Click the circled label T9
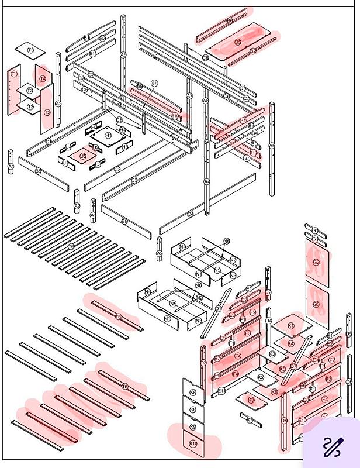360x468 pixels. [31, 50]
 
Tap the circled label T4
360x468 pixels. [43, 78]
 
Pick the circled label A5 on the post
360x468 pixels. [272, 146]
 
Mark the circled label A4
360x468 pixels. [207, 181]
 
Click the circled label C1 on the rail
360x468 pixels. [49, 142]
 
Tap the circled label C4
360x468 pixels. [190, 215]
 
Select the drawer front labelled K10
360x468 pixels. [193, 444]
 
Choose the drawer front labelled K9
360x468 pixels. [193, 427]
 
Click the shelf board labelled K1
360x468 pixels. [291, 325]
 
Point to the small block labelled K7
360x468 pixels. [250, 419]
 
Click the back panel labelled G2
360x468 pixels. [316, 263]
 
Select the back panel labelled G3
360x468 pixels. [316, 304]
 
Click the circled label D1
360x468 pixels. [217, 308]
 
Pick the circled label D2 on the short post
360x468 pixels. [268, 291]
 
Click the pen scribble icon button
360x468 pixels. [331, 447]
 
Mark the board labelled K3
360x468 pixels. [251, 400]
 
